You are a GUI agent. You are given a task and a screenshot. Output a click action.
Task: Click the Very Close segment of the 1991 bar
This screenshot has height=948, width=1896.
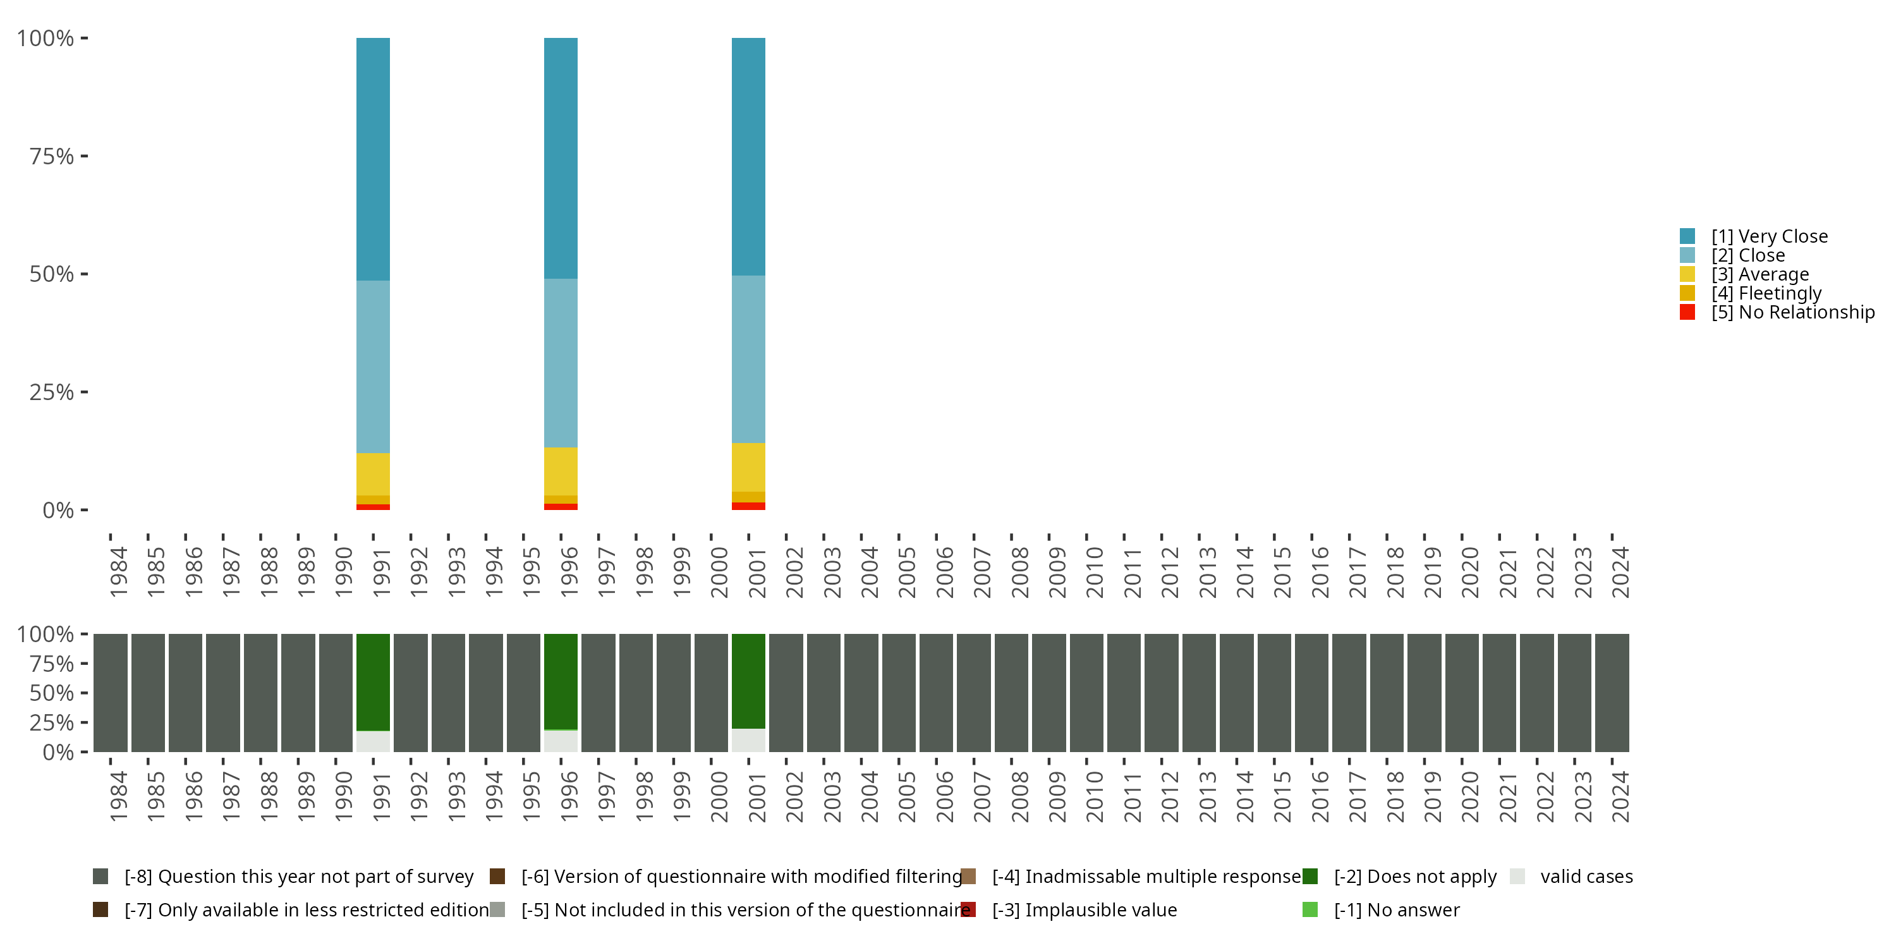[372, 158]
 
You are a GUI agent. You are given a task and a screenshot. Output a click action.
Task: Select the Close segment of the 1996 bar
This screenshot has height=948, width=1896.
[560, 362]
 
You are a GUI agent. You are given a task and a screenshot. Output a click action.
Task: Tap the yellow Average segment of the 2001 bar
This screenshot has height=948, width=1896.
[748, 466]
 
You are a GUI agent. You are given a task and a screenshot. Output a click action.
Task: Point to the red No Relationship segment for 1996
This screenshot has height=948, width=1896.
[560, 506]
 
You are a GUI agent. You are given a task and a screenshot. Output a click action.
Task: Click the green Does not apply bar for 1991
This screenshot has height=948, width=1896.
[372, 681]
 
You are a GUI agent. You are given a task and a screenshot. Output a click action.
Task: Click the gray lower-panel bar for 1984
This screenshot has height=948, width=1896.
[111, 692]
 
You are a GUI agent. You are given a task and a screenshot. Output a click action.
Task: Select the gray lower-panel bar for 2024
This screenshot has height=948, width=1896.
[1611, 692]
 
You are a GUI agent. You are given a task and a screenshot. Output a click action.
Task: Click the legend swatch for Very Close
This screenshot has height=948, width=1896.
[1687, 236]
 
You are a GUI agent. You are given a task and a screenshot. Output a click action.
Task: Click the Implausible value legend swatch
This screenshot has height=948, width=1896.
[969, 909]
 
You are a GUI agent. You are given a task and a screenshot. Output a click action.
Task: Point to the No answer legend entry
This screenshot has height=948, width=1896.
[1396, 909]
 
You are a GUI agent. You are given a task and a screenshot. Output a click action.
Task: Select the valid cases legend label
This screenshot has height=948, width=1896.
[1586, 877]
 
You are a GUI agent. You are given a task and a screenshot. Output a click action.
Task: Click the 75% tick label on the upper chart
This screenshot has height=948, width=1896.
[52, 156]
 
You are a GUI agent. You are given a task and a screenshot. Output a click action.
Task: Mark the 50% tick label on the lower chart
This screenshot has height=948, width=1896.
[52, 693]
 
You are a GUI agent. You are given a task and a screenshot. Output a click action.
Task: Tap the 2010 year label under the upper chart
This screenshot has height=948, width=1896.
[1094, 572]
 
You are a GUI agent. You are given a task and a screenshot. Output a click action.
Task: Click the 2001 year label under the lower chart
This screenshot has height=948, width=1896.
[756, 796]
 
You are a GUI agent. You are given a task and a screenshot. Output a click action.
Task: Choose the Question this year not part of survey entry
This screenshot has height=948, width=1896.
[298, 877]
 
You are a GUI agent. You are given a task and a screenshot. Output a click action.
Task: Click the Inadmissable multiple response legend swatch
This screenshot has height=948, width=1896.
[969, 877]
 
